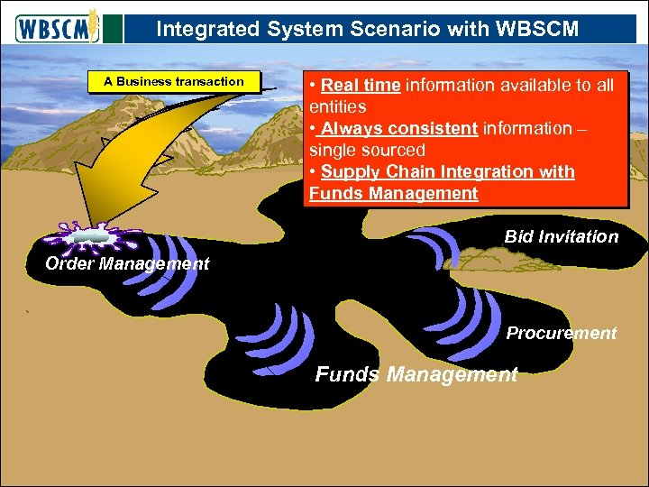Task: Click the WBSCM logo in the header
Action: click(x=56, y=27)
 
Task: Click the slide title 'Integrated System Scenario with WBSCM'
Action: click(x=367, y=29)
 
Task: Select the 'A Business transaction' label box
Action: click(x=173, y=82)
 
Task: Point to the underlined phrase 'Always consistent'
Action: click(x=399, y=129)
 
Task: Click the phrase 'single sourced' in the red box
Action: click(x=366, y=150)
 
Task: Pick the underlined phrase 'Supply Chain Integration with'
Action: click(x=447, y=171)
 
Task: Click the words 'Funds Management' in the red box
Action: click(x=393, y=193)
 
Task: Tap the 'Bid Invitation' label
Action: click(x=561, y=237)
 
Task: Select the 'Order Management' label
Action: click(x=127, y=264)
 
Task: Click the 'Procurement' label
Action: click(x=561, y=334)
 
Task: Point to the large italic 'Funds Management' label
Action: click(x=416, y=374)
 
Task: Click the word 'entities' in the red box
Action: click(x=337, y=107)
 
